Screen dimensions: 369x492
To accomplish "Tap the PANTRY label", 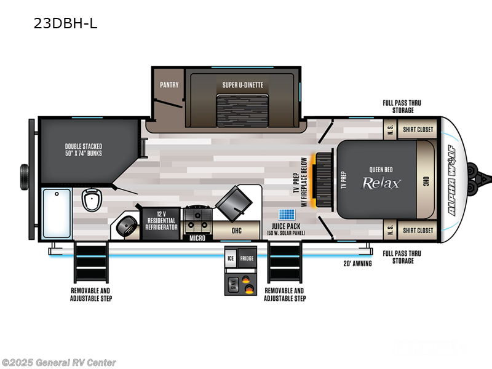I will [x=169, y=85].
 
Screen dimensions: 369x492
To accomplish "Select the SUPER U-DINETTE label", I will [x=242, y=85].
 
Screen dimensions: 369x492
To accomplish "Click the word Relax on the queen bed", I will [x=381, y=183].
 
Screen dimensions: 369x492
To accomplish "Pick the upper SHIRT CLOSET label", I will [x=418, y=130].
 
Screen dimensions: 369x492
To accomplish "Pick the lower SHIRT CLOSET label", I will [x=418, y=231].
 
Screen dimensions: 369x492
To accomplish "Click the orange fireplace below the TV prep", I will [x=318, y=180].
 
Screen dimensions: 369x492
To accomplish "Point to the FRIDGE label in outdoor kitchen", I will [x=247, y=259].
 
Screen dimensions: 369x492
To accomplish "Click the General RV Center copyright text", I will [x=59, y=362].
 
